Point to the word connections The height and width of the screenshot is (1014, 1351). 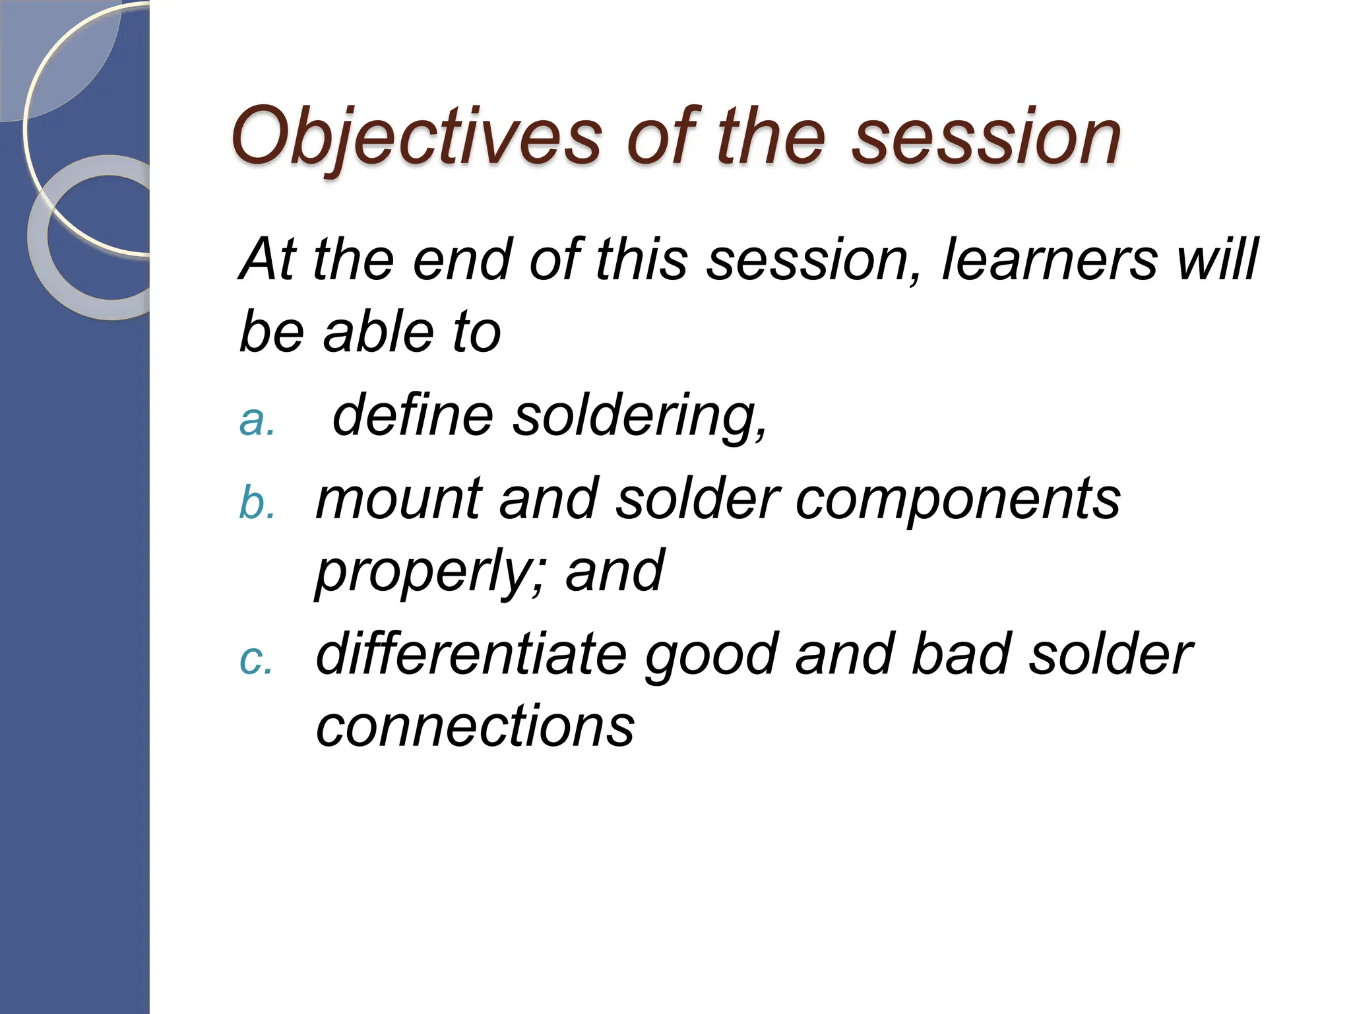click(475, 726)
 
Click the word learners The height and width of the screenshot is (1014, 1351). click(1049, 259)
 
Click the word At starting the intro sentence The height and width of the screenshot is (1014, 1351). click(267, 259)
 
